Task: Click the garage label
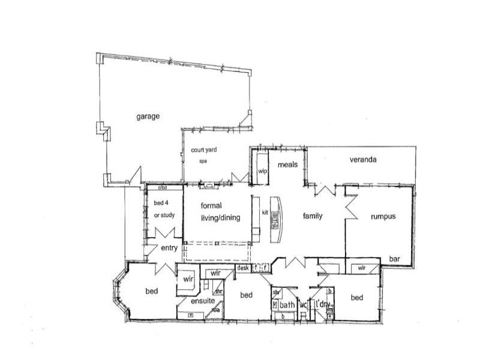click(148, 116)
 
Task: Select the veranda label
click(363, 160)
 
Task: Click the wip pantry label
click(262, 171)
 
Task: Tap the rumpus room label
click(383, 217)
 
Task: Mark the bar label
click(394, 259)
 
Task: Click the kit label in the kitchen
click(265, 212)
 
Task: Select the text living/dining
click(220, 218)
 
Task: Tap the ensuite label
click(203, 301)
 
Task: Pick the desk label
click(243, 268)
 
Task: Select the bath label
click(289, 305)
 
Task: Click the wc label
click(304, 305)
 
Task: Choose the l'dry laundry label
click(323, 305)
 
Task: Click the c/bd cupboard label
click(161, 187)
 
